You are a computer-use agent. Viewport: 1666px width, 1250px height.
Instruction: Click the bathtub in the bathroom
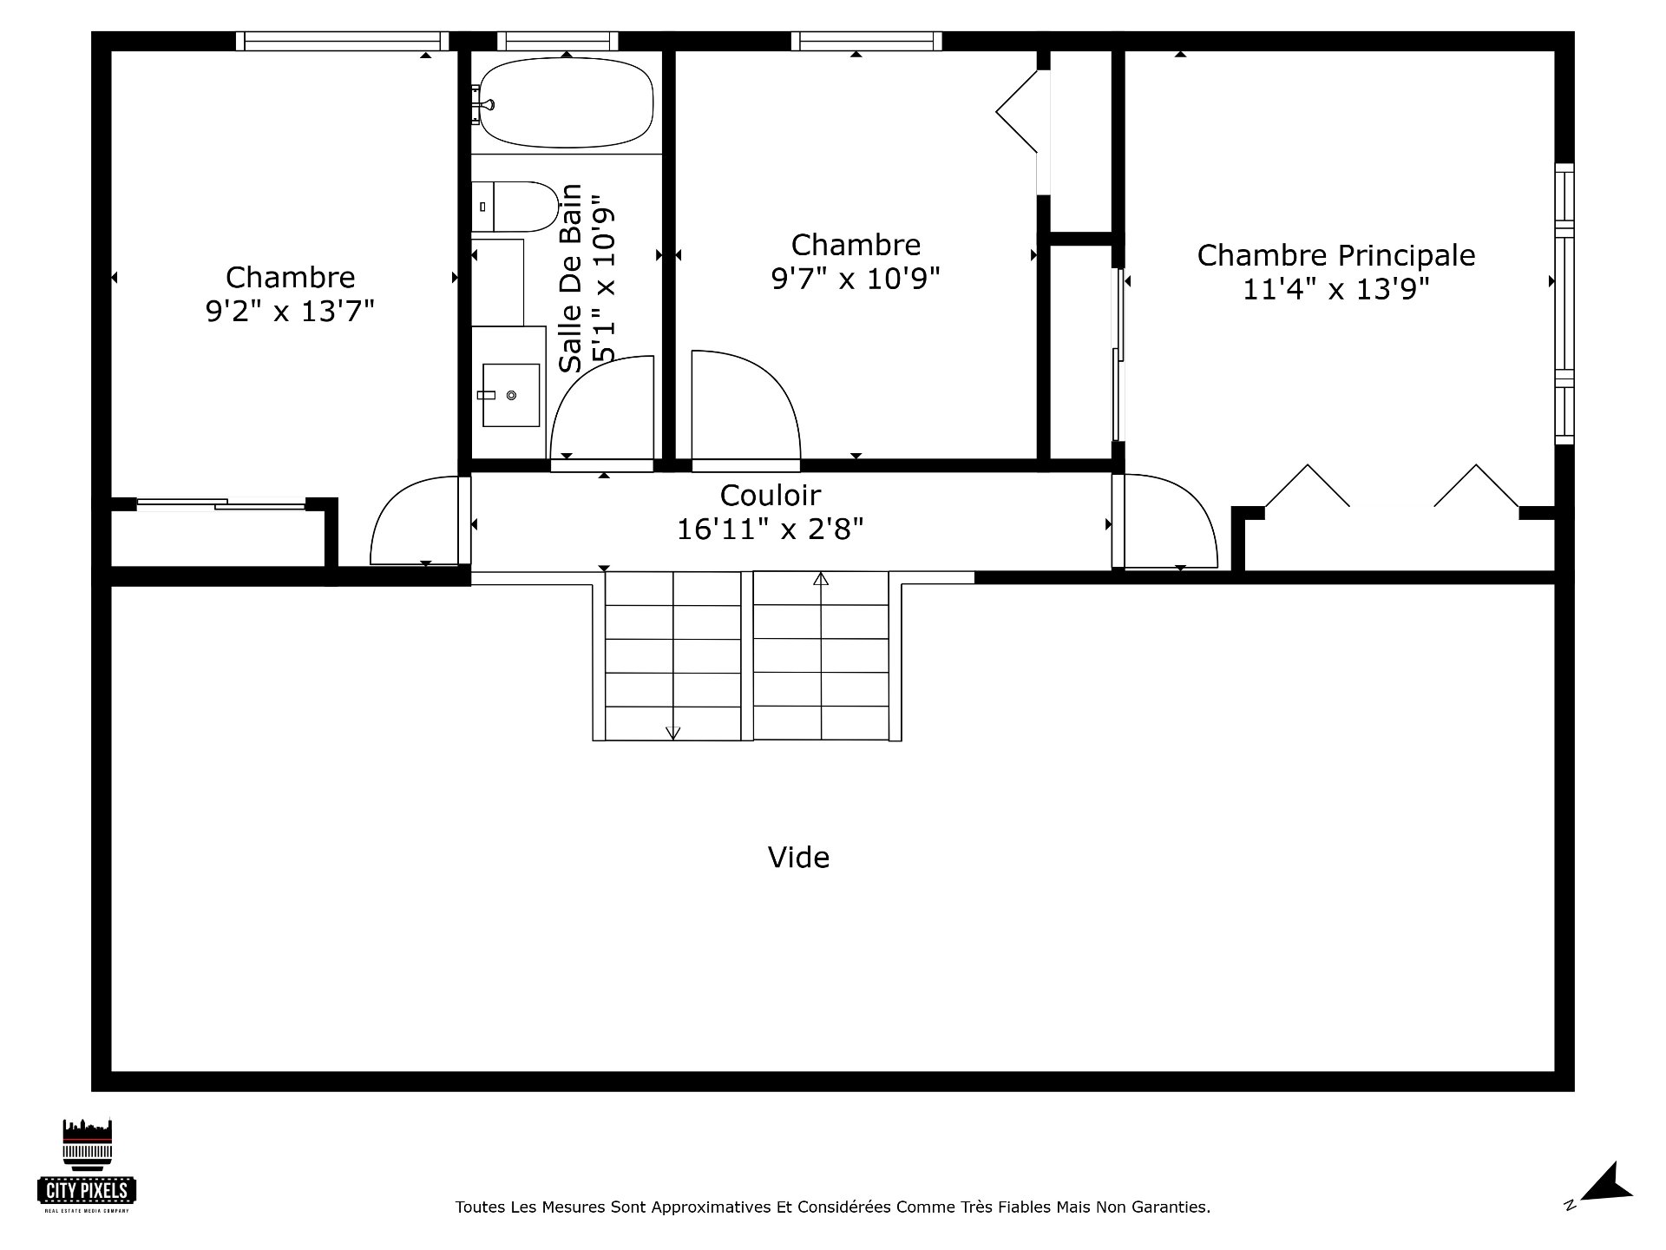coord(566,102)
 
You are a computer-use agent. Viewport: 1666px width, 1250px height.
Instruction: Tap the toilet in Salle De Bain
coord(515,207)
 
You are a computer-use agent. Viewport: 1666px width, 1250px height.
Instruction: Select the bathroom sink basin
coord(511,395)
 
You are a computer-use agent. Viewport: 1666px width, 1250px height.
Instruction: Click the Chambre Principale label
coord(1336,255)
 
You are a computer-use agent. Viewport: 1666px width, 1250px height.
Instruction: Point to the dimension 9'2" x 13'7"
coord(290,311)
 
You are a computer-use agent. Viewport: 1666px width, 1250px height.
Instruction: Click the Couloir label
coord(771,496)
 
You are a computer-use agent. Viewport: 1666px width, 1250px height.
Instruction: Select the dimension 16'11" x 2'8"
coord(771,529)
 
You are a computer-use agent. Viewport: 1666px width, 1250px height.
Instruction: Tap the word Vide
coord(798,858)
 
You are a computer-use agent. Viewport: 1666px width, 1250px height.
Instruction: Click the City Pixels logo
coord(87,1166)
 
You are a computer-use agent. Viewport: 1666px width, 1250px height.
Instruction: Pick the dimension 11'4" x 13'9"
coord(1336,288)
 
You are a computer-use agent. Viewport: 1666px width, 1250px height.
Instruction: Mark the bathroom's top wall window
coord(558,41)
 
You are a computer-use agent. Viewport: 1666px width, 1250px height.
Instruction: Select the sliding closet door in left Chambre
coord(221,503)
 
